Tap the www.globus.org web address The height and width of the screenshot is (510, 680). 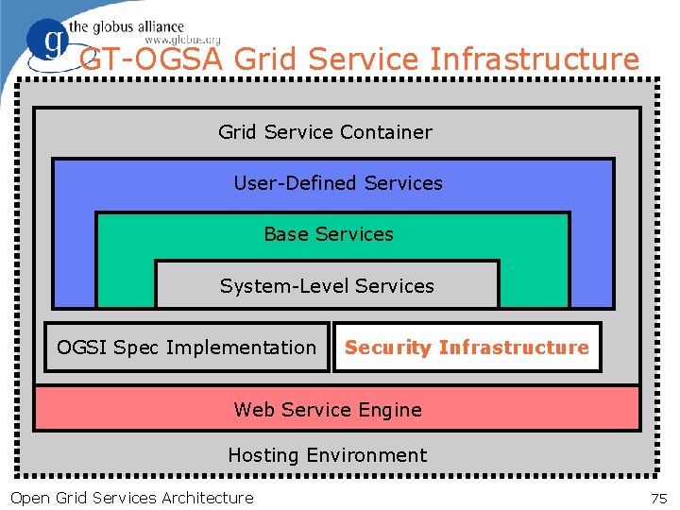pos(181,40)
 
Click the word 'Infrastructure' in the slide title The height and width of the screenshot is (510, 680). pos(534,59)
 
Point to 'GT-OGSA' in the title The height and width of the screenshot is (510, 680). pos(152,59)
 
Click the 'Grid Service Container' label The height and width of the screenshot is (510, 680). pos(325,132)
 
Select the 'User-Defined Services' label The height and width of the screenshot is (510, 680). pos(337,183)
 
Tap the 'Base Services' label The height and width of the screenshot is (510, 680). pos(328,234)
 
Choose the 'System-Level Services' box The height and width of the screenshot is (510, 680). pos(327,285)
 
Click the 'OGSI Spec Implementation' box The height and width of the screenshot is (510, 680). pos(186,348)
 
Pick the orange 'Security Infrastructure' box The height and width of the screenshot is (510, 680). pos(467,348)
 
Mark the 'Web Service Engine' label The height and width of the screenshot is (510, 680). pos(328,410)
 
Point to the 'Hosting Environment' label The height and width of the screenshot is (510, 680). pos(327,455)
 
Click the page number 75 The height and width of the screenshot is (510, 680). pos(658,498)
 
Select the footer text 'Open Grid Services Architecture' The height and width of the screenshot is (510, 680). pos(131,498)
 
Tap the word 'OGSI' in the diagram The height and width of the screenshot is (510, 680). pos(82,348)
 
